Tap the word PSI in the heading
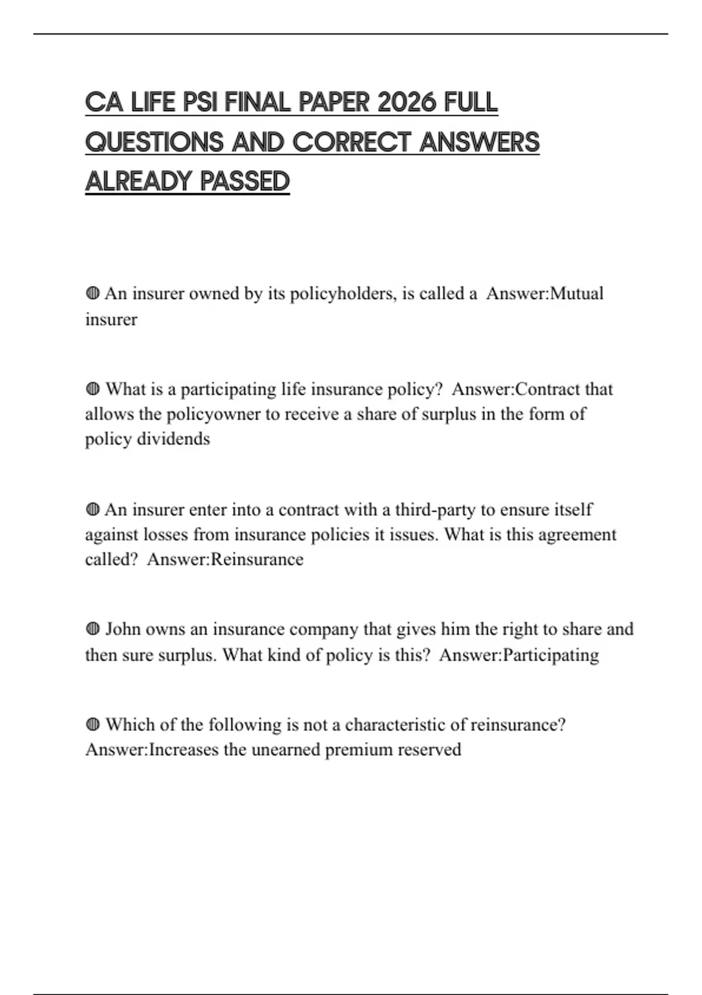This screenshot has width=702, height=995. (199, 103)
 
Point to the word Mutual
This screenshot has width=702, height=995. (577, 293)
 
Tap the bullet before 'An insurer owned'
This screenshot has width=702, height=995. (92, 293)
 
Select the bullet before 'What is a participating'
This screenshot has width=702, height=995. (92, 389)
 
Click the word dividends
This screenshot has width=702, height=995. (173, 439)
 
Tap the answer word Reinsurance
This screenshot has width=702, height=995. (257, 560)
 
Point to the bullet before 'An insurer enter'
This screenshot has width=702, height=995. (92, 510)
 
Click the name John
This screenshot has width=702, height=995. (122, 629)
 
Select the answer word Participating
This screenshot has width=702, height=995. (550, 655)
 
